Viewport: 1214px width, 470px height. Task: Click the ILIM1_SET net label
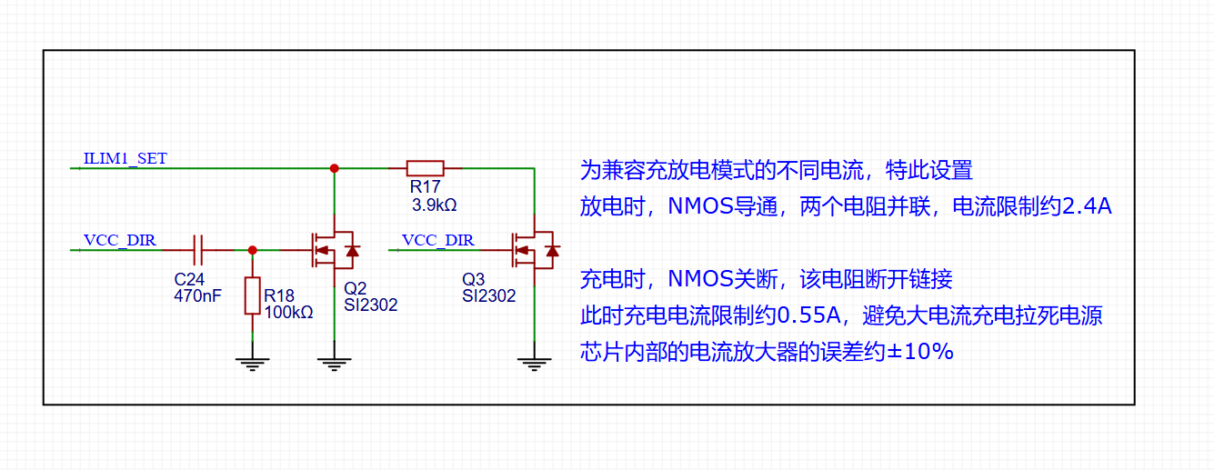tap(125, 158)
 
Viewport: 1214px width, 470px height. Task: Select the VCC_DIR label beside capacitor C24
tap(120, 240)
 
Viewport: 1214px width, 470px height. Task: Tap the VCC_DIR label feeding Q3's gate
tap(438, 240)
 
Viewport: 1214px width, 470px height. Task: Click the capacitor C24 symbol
tap(198, 250)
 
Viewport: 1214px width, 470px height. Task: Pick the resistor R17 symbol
tap(426, 168)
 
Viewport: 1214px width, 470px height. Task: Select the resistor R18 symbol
tap(253, 295)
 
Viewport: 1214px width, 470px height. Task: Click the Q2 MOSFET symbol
tap(335, 250)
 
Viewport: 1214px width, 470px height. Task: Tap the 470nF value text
tap(198, 296)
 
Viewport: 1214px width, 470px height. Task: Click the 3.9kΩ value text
tap(434, 205)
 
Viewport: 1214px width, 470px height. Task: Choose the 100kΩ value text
tap(288, 312)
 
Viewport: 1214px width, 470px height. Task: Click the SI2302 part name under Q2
tap(371, 305)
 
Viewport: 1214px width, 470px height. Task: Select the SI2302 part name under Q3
tap(489, 296)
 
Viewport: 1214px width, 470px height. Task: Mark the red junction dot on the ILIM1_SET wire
tap(335, 168)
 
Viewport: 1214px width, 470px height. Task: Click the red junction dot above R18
tap(253, 250)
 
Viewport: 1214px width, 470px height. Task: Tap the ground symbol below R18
tap(253, 364)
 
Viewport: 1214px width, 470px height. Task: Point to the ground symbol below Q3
tap(535, 364)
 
